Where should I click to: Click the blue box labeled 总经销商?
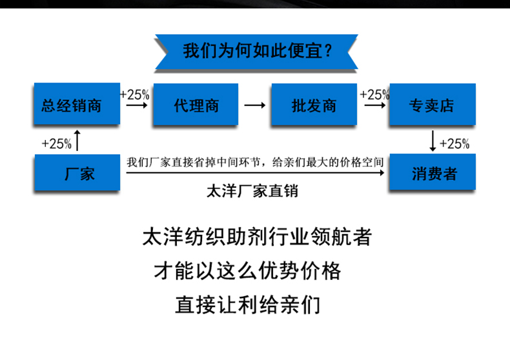click(x=77, y=105)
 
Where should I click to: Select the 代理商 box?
click(x=196, y=105)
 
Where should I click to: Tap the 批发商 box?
click(x=314, y=105)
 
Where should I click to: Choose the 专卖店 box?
click(x=432, y=105)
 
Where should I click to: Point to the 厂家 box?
click(x=77, y=173)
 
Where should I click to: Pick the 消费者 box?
click(x=432, y=173)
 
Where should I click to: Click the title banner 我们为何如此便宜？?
click(x=256, y=50)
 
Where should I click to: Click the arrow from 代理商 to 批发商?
click(x=254, y=105)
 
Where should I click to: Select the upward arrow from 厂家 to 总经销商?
click(x=77, y=139)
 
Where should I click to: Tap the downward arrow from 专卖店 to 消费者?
click(x=433, y=139)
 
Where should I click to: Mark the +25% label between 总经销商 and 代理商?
click(x=135, y=94)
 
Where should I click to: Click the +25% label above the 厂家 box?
click(x=56, y=143)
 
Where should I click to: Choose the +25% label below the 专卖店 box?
click(x=454, y=143)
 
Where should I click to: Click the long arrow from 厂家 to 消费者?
click(x=255, y=173)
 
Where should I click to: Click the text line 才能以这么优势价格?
click(x=247, y=270)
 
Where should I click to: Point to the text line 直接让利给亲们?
click(x=247, y=304)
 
